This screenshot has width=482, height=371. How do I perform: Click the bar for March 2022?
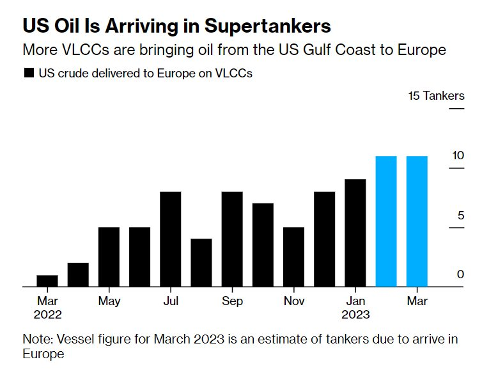(x=47, y=281)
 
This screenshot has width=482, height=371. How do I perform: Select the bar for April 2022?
(x=78, y=274)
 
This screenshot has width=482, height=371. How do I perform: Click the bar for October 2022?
(x=263, y=245)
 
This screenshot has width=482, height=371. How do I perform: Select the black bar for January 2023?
(x=355, y=233)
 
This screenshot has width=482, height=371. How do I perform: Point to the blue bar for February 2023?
(x=386, y=221)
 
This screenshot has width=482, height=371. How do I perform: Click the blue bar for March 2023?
(x=417, y=221)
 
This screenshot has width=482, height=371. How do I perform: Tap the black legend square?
(x=29, y=74)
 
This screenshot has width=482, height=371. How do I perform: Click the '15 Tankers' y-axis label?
(x=437, y=97)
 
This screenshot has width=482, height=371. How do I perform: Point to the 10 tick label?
(x=457, y=155)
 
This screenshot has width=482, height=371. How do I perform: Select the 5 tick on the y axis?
(x=460, y=215)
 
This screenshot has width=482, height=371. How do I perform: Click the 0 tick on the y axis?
(x=460, y=274)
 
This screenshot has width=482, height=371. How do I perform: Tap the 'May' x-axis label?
(x=109, y=301)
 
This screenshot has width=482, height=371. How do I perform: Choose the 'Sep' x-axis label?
(x=232, y=301)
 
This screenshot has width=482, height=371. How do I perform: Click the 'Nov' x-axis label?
(x=293, y=301)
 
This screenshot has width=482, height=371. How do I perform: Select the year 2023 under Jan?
(x=355, y=315)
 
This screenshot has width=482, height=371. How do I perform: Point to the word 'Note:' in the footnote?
(x=36, y=339)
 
